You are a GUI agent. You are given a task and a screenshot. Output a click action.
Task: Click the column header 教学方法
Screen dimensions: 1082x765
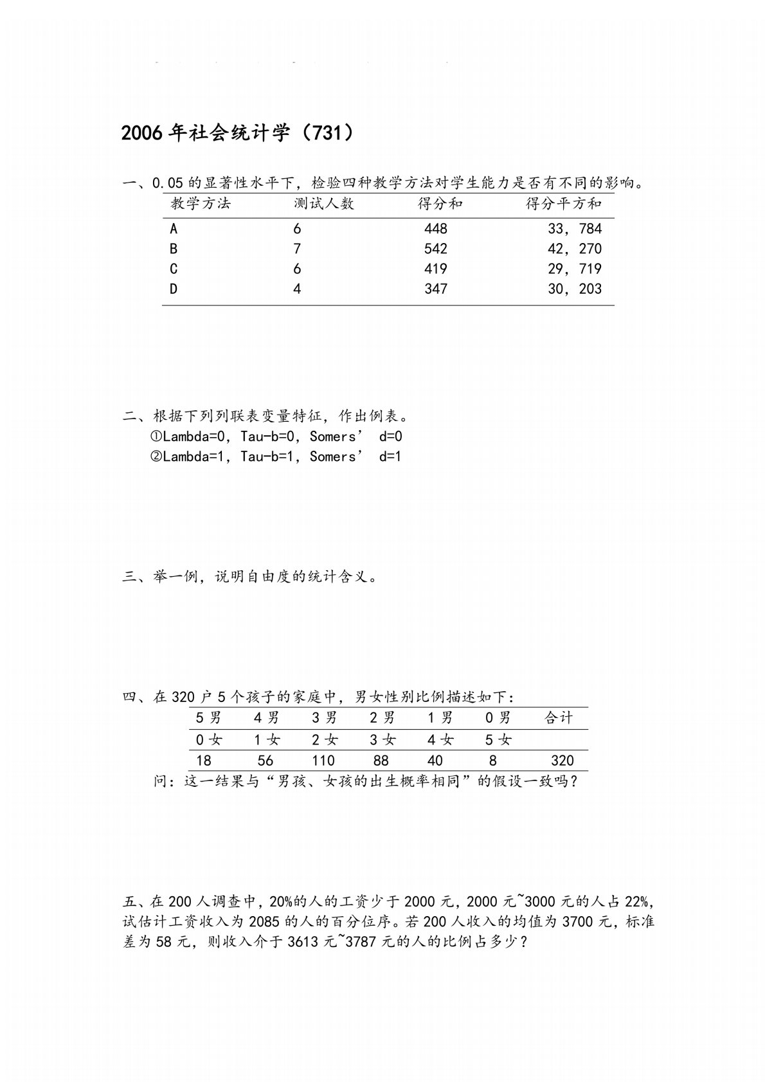point(201,204)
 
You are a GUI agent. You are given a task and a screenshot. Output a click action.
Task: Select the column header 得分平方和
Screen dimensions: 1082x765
point(563,204)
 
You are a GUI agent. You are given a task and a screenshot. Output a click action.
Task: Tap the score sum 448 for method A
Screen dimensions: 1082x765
point(435,229)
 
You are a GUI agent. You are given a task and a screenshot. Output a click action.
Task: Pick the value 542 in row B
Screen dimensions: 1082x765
point(435,249)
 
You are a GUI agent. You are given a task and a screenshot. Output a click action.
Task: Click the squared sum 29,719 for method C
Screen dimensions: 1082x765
point(574,269)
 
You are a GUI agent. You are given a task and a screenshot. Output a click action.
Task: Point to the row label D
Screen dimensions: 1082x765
point(174,289)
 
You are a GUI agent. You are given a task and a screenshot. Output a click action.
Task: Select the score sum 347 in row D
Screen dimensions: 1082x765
point(435,289)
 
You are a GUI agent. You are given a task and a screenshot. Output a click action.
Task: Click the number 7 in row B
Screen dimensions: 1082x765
point(297,249)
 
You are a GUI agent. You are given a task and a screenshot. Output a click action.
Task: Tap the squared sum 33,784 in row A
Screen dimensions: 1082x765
point(574,229)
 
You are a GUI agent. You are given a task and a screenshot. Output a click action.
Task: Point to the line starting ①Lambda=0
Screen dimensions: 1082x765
point(276,437)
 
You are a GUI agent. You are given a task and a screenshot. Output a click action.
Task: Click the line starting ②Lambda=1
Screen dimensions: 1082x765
point(276,456)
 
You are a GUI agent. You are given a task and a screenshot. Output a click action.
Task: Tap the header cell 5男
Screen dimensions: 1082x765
point(208,718)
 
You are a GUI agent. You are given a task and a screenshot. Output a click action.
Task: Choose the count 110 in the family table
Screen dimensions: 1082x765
point(323,761)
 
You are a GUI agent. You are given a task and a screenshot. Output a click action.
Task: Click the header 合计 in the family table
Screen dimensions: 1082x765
point(558,718)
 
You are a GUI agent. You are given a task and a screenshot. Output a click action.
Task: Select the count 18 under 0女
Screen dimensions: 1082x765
point(204,761)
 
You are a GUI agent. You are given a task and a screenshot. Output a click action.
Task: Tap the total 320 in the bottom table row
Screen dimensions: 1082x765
point(562,761)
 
